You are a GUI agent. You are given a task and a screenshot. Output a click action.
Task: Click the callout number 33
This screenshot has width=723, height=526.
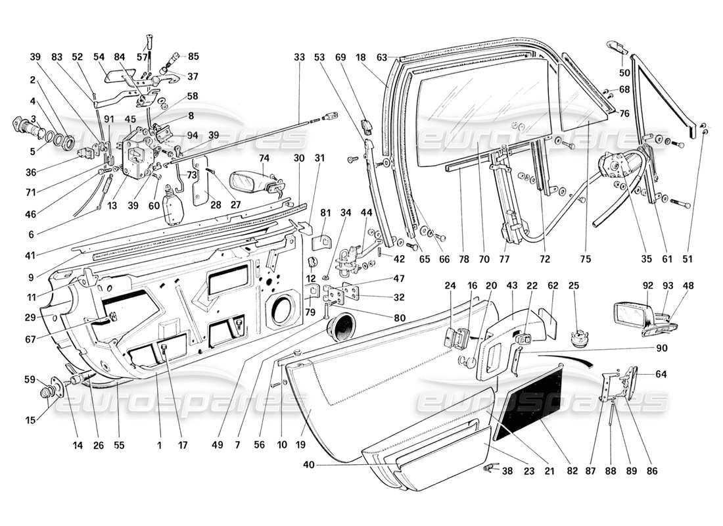pyautogui.click(x=300, y=58)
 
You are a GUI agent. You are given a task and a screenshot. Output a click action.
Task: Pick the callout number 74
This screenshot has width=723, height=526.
pyautogui.click(x=264, y=158)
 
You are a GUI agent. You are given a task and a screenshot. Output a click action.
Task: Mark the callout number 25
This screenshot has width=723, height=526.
pyautogui.click(x=573, y=287)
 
